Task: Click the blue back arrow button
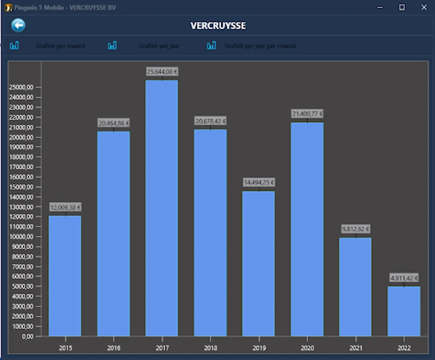tap(18, 26)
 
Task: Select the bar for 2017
tap(162, 208)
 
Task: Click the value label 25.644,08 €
tap(162, 72)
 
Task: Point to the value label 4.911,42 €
tap(404, 278)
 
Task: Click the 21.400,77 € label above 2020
tap(307, 114)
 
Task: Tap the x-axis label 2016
tap(114, 348)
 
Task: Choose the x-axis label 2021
tap(355, 348)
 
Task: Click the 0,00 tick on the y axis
tap(28, 336)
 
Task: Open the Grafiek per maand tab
tap(60, 46)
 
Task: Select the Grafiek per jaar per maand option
tap(260, 46)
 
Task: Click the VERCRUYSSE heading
tap(218, 26)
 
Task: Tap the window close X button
tap(424, 8)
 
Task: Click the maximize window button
tap(402, 8)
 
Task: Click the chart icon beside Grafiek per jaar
tap(112, 46)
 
